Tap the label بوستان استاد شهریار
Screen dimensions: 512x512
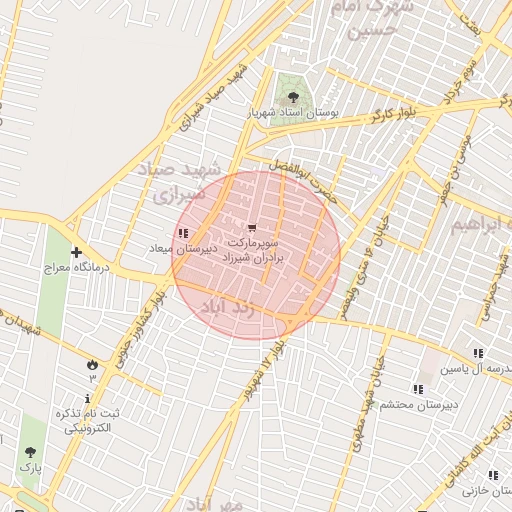coord(293,114)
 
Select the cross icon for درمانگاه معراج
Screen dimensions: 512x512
coord(76,252)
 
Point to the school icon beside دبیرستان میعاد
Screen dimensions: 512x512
coord(181,233)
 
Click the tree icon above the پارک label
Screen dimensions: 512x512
coord(29,452)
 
